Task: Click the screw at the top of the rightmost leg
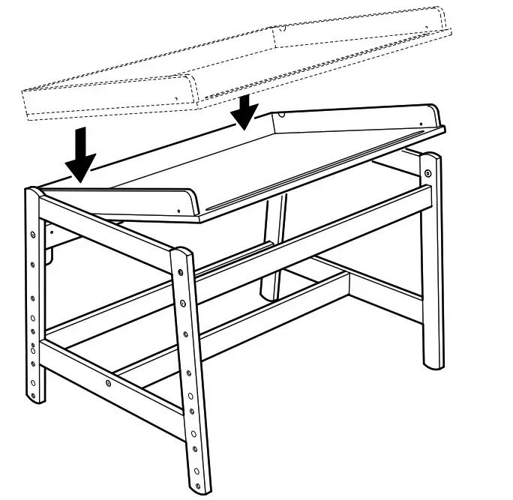[428, 174]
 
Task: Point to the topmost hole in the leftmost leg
[32, 234]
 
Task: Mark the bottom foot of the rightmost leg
[433, 364]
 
